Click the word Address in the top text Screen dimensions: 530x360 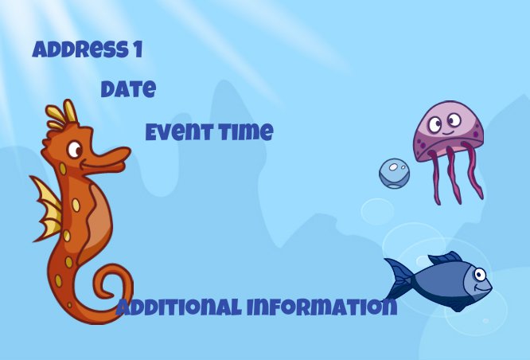point(79,49)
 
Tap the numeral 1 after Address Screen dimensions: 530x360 point(138,49)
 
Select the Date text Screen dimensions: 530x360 point(128,89)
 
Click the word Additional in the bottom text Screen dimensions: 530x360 point(178,307)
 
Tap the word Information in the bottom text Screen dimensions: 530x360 point(322,307)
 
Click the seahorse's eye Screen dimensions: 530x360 point(74,150)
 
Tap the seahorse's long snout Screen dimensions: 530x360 point(107,159)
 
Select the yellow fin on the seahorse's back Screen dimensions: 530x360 point(47,207)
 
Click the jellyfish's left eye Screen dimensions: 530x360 point(435,124)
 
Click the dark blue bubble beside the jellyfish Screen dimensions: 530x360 point(394,174)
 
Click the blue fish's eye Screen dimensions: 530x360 point(480,274)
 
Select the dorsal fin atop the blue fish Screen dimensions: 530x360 point(445,258)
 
